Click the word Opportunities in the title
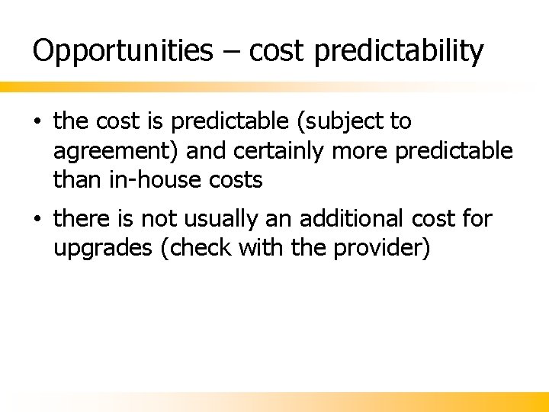(x=123, y=51)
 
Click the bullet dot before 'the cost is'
(x=37, y=121)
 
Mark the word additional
(x=356, y=219)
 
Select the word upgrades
(x=102, y=249)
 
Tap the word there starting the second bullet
(x=82, y=219)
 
